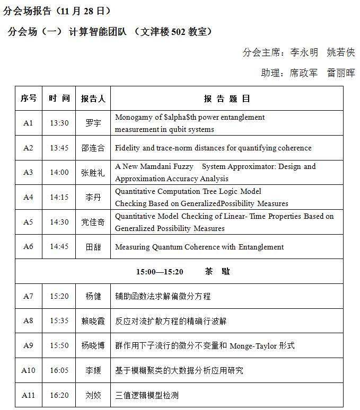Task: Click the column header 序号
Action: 29,99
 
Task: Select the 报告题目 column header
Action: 226,99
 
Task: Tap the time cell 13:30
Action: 59,123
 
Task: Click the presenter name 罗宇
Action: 93,123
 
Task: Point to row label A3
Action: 28,172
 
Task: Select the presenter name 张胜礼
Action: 93,172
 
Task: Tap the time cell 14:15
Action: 59,197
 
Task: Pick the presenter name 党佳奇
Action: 93,222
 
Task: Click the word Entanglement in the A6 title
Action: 261,247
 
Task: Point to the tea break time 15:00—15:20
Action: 160,272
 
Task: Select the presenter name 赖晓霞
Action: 93,321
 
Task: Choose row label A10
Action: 28,370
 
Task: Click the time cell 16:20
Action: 59,395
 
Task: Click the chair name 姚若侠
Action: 340,52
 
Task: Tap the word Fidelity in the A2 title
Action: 127,148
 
